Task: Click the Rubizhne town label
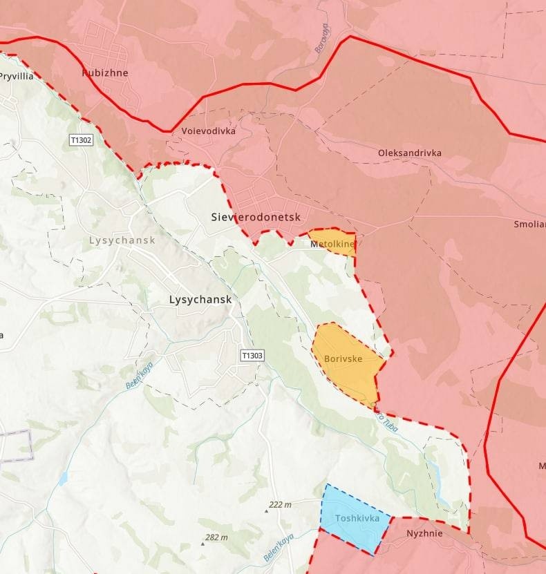pos(105,73)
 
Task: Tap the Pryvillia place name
pos(17,77)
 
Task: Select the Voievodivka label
pos(208,131)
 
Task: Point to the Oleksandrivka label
pos(409,153)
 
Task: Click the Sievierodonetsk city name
pos(256,217)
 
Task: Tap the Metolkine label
pos(332,244)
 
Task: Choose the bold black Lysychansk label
pos(200,300)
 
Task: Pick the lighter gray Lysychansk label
pos(122,240)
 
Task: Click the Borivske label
pos(343,359)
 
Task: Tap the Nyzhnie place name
pos(424,533)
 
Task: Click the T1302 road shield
pos(81,140)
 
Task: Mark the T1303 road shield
pos(252,355)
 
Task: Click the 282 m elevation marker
pos(216,537)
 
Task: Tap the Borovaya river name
pos(320,38)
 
